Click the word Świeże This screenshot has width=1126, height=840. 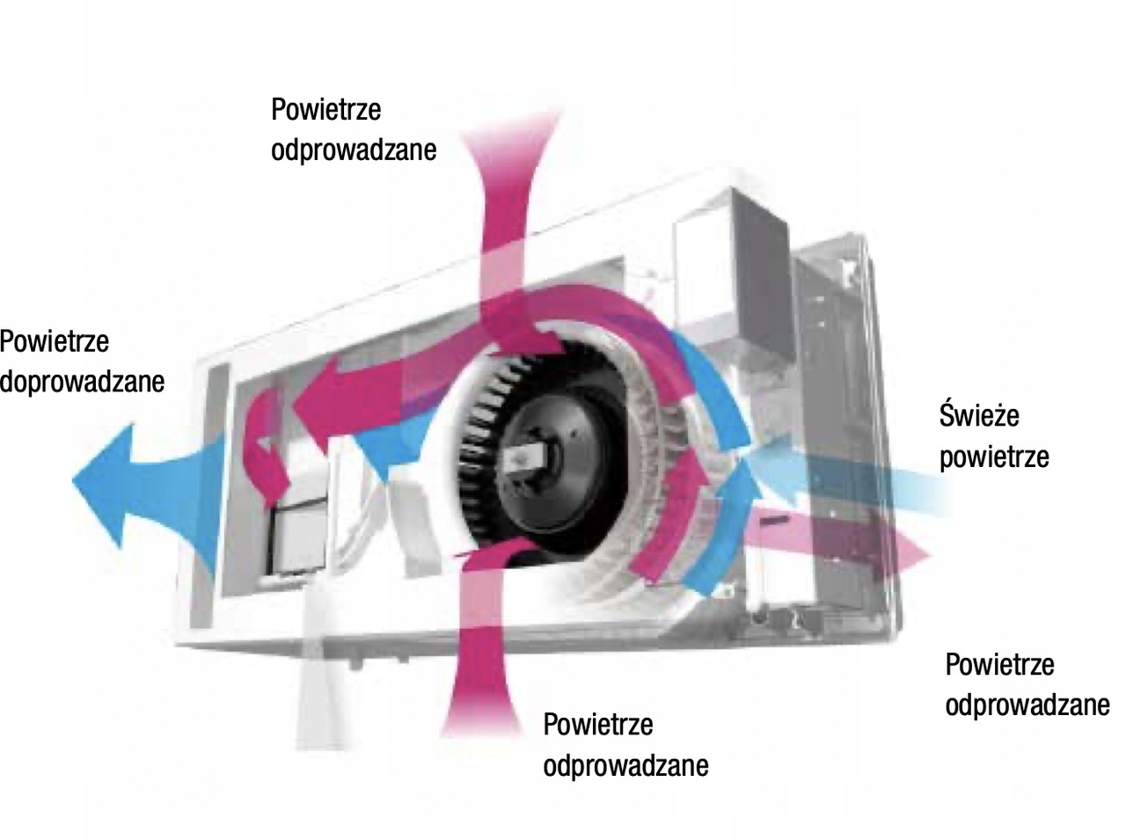point(978,414)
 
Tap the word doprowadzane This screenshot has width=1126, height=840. point(82,382)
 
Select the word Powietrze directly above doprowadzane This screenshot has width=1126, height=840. point(54,340)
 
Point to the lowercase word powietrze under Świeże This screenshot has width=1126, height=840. point(993,457)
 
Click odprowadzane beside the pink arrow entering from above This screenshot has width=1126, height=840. point(354,150)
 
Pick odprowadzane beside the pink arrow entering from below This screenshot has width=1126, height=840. point(625,765)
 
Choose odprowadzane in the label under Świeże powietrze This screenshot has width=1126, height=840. point(1027,705)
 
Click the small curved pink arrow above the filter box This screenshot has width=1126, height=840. point(267,440)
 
